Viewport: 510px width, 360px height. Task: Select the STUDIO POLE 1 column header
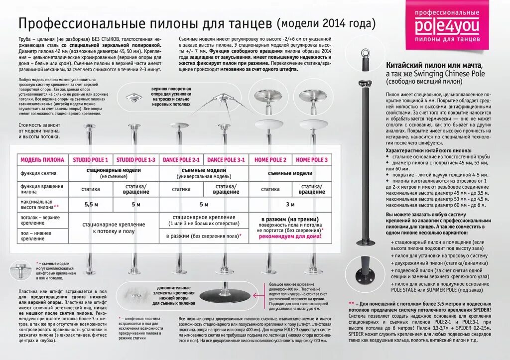coord(90,160)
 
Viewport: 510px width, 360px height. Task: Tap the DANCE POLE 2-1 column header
coord(181,160)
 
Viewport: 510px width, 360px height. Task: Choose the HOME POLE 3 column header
coord(312,160)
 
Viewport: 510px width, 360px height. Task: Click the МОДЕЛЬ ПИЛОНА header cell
coord(42,160)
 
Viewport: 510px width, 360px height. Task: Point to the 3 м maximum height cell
coord(291,204)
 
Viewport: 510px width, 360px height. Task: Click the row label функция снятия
coord(38,173)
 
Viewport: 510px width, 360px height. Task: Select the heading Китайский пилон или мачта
coord(434,66)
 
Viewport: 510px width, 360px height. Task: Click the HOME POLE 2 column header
coord(270,160)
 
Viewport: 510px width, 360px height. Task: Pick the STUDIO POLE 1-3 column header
coord(136,160)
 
